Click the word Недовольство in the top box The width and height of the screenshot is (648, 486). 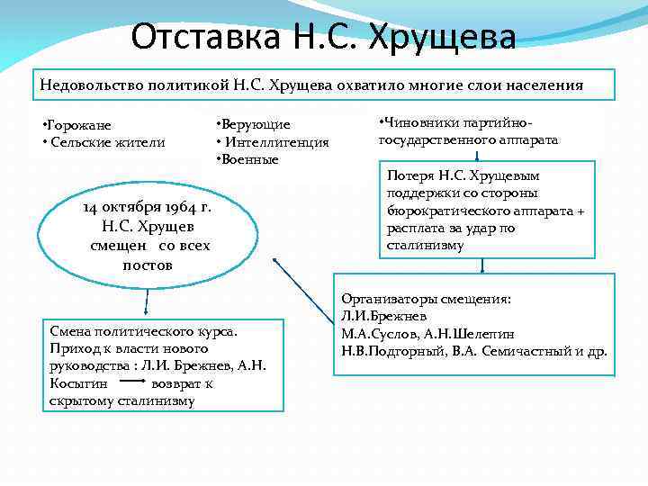(x=90, y=85)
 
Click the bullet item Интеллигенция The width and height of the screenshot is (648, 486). (x=275, y=142)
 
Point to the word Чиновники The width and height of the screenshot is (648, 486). (x=418, y=122)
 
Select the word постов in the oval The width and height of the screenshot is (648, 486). (x=147, y=265)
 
